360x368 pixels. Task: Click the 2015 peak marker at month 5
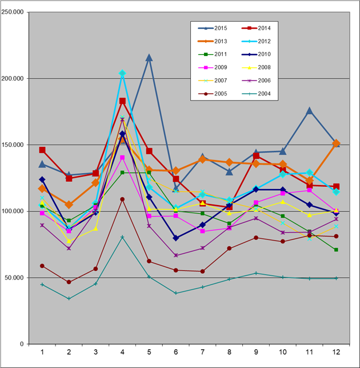[x=149, y=58]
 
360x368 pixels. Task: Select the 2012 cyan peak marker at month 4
[x=122, y=73]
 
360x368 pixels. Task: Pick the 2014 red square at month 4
[x=122, y=101]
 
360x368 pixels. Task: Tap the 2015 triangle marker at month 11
[x=309, y=111]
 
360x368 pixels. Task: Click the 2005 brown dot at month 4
[x=122, y=199]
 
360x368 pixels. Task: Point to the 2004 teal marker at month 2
[x=69, y=298]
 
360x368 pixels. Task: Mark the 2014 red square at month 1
[x=42, y=150]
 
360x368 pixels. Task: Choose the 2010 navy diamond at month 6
[x=175, y=238]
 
